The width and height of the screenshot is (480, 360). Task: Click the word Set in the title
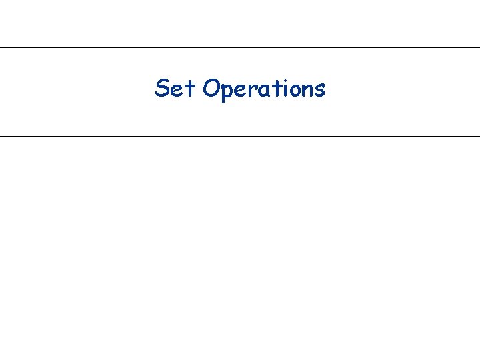[176, 88]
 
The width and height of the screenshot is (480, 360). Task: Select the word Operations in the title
[265, 89]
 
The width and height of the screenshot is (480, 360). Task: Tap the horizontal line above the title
[240, 47]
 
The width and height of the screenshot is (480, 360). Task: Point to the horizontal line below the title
[240, 136]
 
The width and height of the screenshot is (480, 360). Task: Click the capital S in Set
[162, 88]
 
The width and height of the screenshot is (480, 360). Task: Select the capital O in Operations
[212, 88]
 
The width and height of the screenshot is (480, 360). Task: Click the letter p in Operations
[228, 91]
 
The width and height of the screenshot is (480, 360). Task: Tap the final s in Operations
[319, 90]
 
